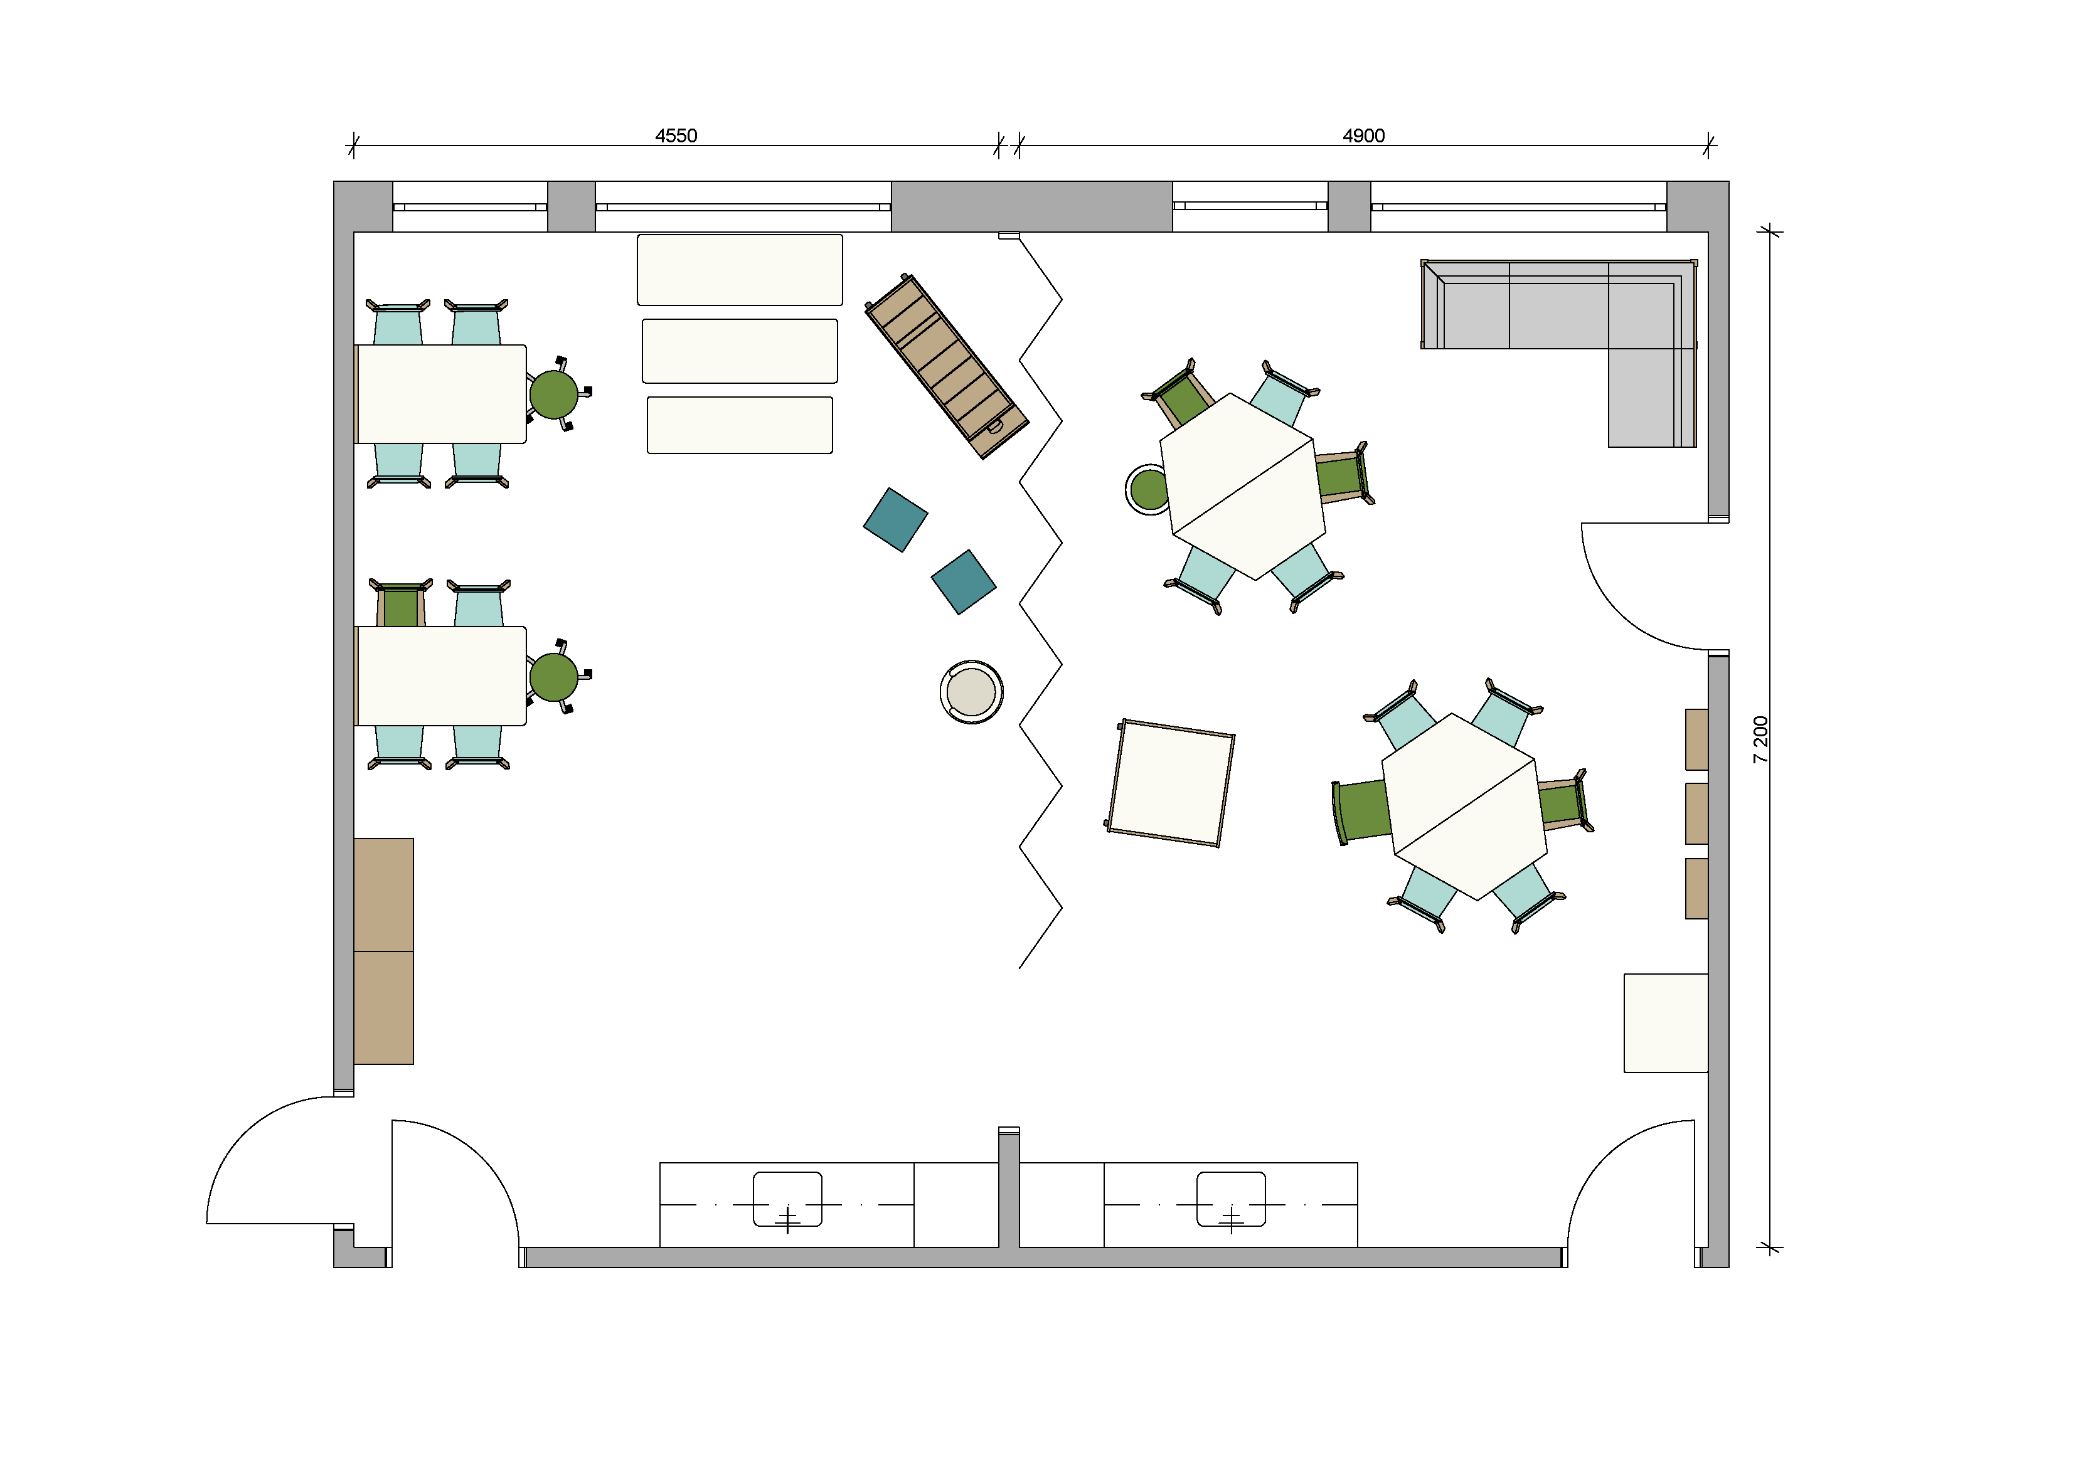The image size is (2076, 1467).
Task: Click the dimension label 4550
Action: tap(676, 135)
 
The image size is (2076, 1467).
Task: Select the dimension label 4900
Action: tap(1363, 135)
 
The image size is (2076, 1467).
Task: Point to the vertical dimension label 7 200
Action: tap(1760, 739)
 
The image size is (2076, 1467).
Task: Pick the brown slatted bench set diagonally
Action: tap(947, 366)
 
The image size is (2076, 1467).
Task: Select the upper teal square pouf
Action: tap(895, 520)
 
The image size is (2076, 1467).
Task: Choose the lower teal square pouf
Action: tap(964, 582)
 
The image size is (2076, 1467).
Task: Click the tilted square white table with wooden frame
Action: tap(1170, 783)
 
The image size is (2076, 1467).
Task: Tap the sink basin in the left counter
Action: tap(787, 1199)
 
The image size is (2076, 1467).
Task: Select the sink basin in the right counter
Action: tap(1230, 1199)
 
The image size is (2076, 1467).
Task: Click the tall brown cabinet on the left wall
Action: tap(383, 951)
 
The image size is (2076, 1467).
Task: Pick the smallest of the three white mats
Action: tap(740, 425)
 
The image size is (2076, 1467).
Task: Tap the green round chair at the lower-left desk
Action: tap(553, 677)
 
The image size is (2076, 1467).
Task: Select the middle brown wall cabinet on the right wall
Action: tap(1696, 813)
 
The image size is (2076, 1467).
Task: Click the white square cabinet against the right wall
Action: tap(1666, 1023)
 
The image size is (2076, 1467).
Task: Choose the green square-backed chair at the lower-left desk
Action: tap(400, 604)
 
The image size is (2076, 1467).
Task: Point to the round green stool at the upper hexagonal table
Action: tap(1147, 490)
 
